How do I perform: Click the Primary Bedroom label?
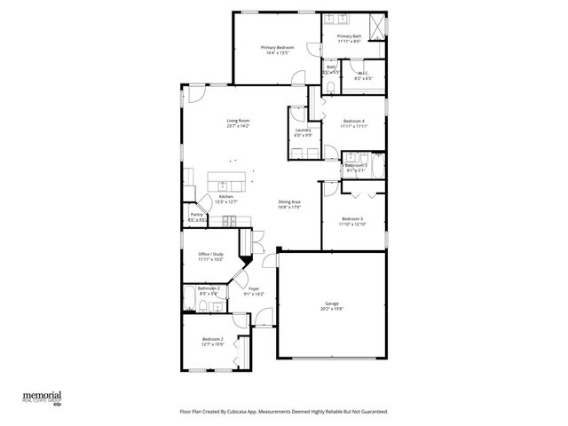click(277, 46)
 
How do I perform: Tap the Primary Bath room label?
click(349, 36)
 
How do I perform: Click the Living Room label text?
click(237, 121)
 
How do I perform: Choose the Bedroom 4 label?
click(353, 121)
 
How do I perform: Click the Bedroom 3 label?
click(351, 218)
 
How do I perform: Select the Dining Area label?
click(290, 201)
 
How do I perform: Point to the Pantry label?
click(196, 214)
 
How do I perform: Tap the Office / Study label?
click(210, 254)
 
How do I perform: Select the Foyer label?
click(254, 288)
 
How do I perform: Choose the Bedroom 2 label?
click(211, 339)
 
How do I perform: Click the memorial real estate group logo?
click(42, 396)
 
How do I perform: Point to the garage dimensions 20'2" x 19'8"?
click(331, 311)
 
